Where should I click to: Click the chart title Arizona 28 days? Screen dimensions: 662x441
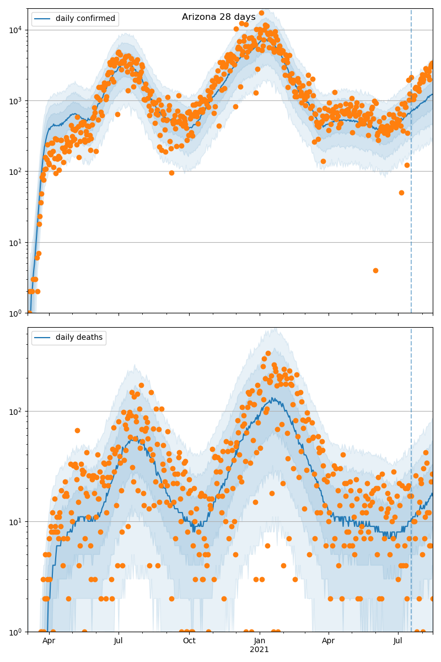point(219,17)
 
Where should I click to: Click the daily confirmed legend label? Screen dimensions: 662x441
point(85,19)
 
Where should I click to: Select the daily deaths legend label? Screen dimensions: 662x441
point(79,338)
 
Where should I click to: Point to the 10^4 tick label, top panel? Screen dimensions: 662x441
point(15,30)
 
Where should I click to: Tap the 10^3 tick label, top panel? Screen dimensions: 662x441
point(15,100)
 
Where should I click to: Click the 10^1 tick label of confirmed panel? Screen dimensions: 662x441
point(15,242)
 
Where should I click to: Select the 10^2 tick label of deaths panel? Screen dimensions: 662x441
point(15,411)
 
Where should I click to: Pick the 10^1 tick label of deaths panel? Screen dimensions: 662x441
point(15,521)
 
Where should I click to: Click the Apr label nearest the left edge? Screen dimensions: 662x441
point(49,641)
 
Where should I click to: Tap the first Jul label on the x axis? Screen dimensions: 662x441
point(119,641)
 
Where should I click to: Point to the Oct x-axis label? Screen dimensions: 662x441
point(189,641)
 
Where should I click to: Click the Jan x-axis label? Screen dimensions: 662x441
point(260,641)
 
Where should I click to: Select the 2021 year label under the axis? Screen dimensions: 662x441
point(260,650)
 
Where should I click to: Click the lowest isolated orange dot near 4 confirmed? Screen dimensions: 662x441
point(375,270)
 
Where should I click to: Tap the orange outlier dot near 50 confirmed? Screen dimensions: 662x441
point(401,193)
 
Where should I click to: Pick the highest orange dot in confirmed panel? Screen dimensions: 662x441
point(261,13)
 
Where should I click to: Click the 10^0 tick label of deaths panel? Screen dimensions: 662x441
point(15,632)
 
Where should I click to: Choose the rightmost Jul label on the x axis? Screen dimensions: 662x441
point(398,641)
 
